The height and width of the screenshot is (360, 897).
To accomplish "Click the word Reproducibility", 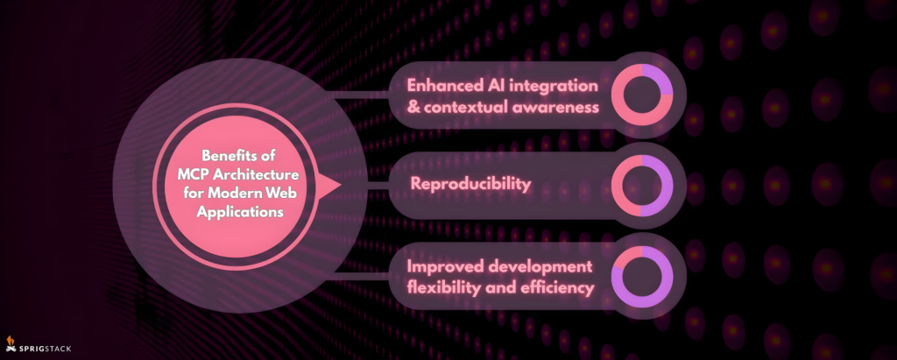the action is (470, 184).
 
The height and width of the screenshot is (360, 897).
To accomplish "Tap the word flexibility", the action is (444, 288).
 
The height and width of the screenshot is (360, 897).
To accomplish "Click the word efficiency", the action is (557, 288).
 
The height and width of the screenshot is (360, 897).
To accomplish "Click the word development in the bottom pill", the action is (549, 267).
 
